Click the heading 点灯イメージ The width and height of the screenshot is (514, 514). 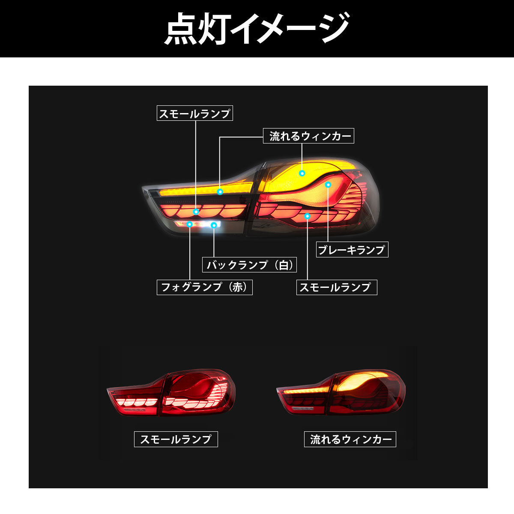(x=257, y=29)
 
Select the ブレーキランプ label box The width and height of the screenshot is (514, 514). (x=352, y=249)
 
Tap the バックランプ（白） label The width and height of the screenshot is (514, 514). (x=249, y=265)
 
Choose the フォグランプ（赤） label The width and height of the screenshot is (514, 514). (x=205, y=287)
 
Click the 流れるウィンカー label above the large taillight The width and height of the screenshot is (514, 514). (x=308, y=136)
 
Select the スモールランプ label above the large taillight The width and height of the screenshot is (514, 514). (x=195, y=113)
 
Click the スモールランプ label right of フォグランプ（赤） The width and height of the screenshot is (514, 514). (x=337, y=287)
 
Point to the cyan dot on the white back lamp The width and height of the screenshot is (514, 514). (x=214, y=225)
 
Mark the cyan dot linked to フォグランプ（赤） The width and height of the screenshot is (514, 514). (x=190, y=224)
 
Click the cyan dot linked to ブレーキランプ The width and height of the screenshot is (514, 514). (x=328, y=185)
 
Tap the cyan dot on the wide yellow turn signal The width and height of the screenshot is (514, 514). (x=302, y=173)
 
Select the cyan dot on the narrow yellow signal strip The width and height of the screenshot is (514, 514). (x=220, y=191)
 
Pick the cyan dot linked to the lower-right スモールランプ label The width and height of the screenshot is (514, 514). (x=308, y=216)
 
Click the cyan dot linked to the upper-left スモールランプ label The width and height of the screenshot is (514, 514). (x=196, y=212)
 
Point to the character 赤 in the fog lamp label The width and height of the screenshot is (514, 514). (x=237, y=287)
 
